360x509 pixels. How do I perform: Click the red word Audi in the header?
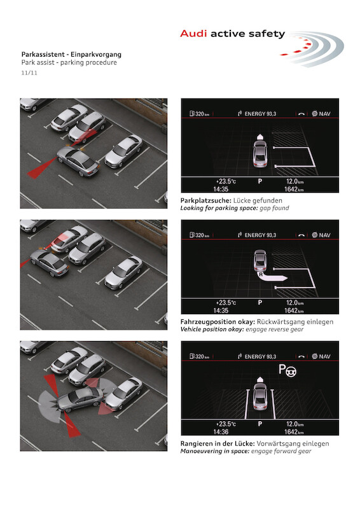coord(193,34)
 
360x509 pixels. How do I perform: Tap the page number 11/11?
coord(29,73)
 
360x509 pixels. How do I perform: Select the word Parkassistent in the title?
coord(42,54)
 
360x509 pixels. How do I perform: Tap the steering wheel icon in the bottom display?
coord(291,371)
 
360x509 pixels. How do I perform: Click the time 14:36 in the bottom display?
coord(221,432)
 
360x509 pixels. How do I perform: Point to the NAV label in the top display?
coord(324,114)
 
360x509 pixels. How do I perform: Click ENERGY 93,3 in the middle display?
coord(260,235)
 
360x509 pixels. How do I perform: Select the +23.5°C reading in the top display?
coord(226,181)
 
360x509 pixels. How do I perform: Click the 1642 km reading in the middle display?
coord(294,310)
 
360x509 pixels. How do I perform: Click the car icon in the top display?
coord(260,154)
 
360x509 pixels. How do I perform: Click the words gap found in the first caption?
coord(274,208)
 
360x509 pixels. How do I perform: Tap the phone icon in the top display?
coord(301,114)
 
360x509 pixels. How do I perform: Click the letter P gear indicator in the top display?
coord(260,181)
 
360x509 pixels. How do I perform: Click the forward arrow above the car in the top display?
coord(260,137)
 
